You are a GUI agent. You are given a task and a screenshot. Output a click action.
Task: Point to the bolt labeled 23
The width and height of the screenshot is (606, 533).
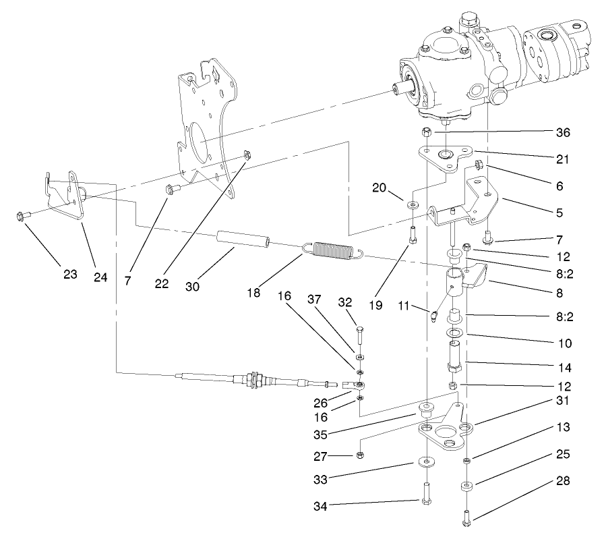[x=20, y=217]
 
